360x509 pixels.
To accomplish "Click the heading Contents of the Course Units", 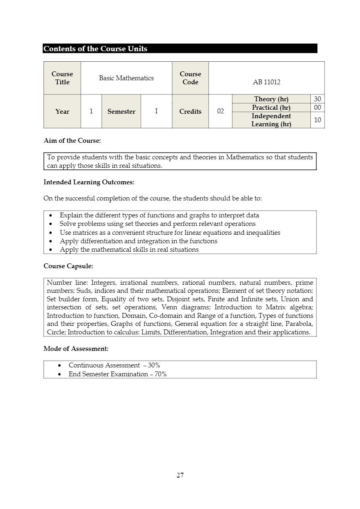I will point(96,49).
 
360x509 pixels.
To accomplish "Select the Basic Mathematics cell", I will point(126,78).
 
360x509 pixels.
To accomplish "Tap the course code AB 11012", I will point(266,82).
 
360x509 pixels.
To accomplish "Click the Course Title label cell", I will point(62,78).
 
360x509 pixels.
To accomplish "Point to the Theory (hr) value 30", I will point(317,99).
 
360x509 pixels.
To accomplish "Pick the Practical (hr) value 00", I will point(317,107).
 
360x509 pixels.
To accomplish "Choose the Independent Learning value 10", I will point(317,120).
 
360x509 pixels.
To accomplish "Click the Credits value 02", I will point(221,112).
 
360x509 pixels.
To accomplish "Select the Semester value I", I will point(156,112).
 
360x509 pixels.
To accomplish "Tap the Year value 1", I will point(91,112).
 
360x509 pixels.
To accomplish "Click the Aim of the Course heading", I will point(72,141).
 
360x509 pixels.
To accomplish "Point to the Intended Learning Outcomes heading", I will point(89,182).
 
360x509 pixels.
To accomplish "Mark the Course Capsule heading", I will point(68,266).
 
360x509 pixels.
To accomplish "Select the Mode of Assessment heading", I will point(76,348).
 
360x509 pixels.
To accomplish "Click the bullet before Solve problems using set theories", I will point(50,224).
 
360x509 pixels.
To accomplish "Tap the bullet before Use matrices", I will point(50,233).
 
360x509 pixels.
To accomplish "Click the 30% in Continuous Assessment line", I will point(154,365).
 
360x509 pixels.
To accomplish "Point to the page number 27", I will point(180,475).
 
